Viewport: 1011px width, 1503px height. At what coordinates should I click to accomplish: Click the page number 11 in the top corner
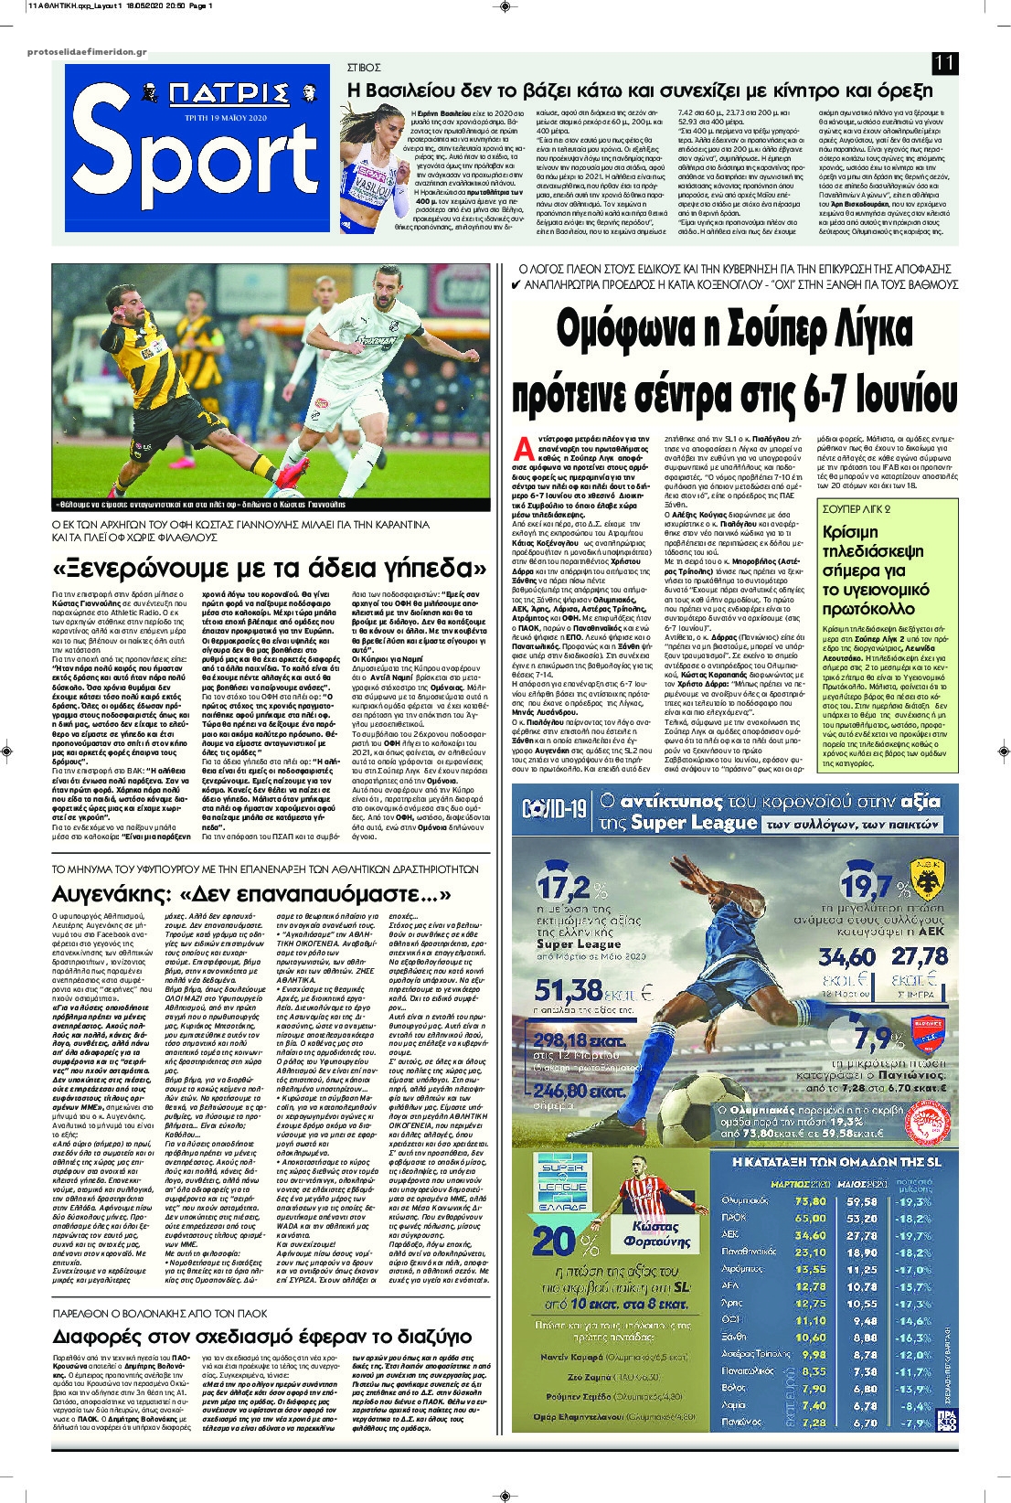click(944, 64)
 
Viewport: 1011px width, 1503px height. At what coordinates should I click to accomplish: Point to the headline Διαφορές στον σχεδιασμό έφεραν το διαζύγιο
click(262, 1337)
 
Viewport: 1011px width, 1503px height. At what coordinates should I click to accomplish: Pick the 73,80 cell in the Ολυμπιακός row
click(811, 1201)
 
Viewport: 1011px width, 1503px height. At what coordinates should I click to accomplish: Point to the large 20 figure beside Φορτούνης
click(553, 1242)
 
